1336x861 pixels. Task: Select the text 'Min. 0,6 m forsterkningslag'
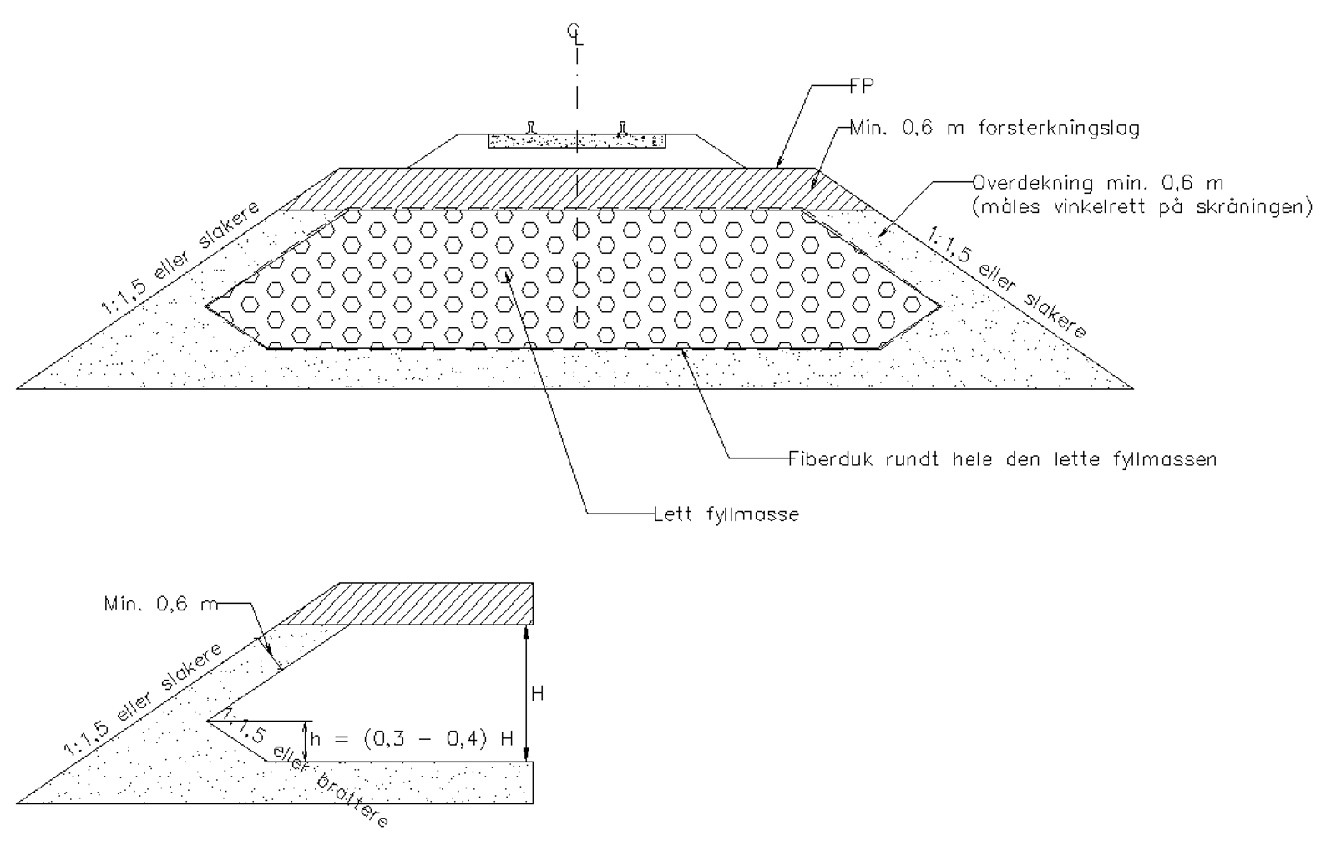pyautogui.click(x=994, y=129)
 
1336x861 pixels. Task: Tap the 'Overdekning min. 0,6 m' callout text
pyautogui.click(x=1098, y=182)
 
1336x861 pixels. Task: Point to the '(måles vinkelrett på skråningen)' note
pyautogui.click(x=1143, y=207)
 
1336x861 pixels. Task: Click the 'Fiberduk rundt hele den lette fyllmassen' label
pyautogui.click(x=1002, y=458)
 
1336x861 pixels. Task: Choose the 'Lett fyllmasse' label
pyautogui.click(x=726, y=514)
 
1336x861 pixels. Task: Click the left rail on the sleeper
pyautogui.click(x=531, y=128)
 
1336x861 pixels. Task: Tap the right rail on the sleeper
pyautogui.click(x=623, y=128)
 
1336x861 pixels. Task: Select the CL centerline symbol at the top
pyautogui.click(x=575, y=34)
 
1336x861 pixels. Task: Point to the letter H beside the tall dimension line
pyautogui.click(x=538, y=694)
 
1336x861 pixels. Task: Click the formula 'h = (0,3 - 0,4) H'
pyautogui.click(x=412, y=739)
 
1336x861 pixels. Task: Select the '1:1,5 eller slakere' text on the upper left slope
pyautogui.click(x=180, y=258)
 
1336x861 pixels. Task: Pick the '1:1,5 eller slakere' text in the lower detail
pyautogui.click(x=143, y=700)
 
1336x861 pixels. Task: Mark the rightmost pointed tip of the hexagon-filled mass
pyautogui.click(x=941, y=306)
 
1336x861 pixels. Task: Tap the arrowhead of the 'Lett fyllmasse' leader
pyautogui.click(x=507, y=274)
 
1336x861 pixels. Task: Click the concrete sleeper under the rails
pyautogui.click(x=577, y=141)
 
